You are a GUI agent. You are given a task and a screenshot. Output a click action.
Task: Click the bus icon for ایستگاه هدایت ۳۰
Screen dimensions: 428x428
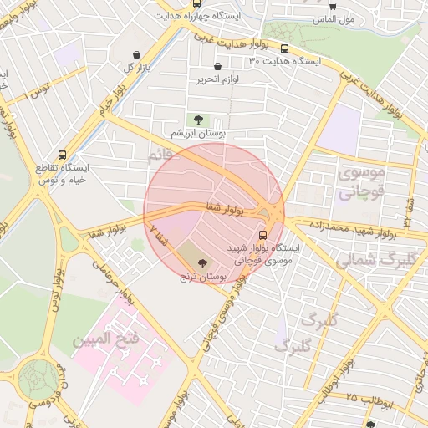click(x=285, y=49)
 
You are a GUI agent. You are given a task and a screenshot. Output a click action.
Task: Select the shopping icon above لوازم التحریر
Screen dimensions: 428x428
click(x=217, y=67)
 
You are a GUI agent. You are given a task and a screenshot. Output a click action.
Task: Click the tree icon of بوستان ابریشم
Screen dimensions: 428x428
click(x=198, y=120)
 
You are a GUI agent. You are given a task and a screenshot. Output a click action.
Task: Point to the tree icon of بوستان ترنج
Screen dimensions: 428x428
click(x=203, y=264)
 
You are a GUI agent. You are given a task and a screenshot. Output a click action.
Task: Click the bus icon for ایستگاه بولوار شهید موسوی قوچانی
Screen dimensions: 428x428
click(x=263, y=235)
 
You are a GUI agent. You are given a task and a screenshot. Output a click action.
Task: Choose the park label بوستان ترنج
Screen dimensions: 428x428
click(x=203, y=276)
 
